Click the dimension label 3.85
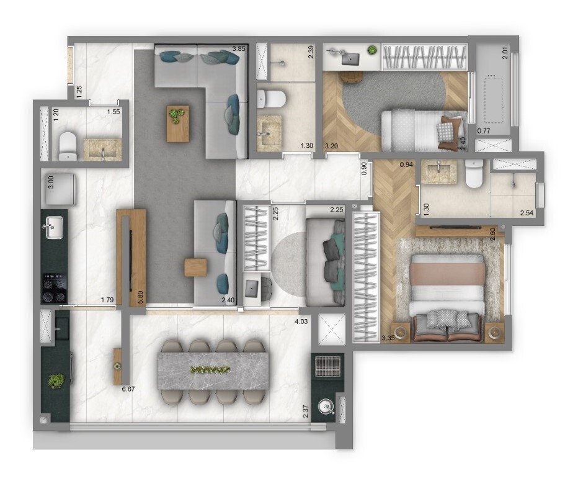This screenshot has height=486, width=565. pyautogui.click(x=239, y=48)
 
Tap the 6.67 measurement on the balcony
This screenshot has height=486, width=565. pyautogui.click(x=128, y=389)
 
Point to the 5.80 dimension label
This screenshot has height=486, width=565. pyautogui.click(x=141, y=297)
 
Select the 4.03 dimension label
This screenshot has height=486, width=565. pyautogui.click(x=301, y=322)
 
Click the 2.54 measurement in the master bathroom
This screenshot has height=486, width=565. pyautogui.click(x=527, y=213)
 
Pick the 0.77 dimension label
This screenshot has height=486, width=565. pyautogui.click(x=484, y=131)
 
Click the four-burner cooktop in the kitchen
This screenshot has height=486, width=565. pyautogui.click(x=55, y=287)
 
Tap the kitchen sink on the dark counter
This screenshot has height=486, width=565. pyautogui.click(x=53, y=228)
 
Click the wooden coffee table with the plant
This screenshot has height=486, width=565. pyautogui.click(x=177, y=124)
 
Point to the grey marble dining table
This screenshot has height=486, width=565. pyautogui.click(x=213, y=371)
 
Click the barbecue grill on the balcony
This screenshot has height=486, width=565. pyautogui.click(x=327, y=366)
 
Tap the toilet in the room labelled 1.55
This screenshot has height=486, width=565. pyautogui.click(x=68, y=146)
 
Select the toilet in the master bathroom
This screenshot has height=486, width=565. pyautogui.click(x=473, y=174)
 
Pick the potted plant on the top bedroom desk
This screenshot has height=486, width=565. pyautogui.click(x=373, y=50)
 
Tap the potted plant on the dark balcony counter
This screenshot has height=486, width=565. pyautogui.click(x=56, y=380)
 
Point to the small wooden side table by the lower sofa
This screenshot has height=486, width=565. pyautogui.click(x=195, y=268)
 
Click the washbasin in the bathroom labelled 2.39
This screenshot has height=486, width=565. pyautogui.click(x=269, y=132)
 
